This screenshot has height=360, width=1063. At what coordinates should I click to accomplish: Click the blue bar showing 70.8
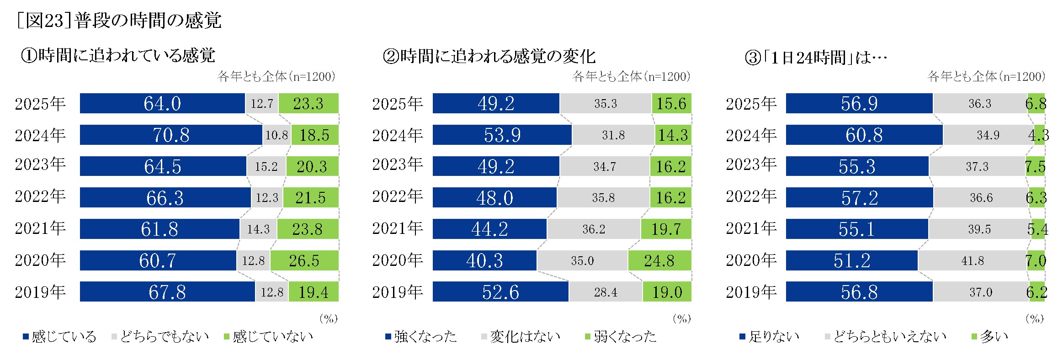171,135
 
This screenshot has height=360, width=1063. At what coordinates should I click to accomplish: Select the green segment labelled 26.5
304,260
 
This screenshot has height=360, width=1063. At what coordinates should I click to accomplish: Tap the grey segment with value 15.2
266,166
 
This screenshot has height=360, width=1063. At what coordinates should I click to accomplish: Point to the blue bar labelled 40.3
484,260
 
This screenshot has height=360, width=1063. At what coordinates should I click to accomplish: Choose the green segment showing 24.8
659,260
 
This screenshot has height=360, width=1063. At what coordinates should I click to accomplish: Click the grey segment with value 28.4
606,292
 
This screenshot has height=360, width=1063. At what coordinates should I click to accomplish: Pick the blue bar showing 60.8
864,135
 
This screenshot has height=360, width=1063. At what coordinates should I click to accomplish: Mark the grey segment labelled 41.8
973,260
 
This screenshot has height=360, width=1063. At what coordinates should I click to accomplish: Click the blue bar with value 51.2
851,260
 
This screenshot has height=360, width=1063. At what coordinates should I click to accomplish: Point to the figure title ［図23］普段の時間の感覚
119,21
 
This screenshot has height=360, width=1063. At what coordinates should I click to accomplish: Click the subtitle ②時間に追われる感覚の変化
489,56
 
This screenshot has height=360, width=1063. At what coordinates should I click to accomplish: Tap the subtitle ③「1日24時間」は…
816,58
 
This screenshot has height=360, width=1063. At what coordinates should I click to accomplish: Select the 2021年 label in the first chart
40,228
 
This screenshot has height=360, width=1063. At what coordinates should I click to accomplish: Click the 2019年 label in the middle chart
397,292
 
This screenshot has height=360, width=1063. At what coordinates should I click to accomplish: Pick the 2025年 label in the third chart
751,104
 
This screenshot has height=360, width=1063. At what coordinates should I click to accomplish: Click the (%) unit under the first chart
329,318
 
